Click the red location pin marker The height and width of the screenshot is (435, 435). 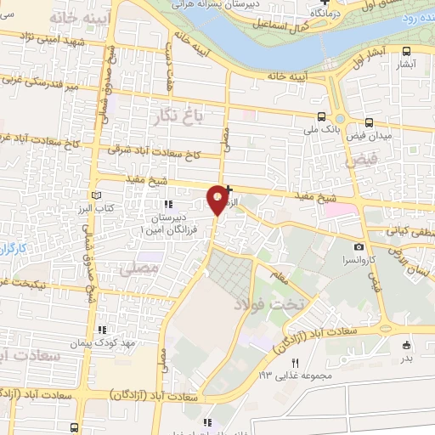pos(217,198)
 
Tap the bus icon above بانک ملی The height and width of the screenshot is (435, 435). pos(321,117)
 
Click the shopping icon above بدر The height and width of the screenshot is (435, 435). pos(406,345)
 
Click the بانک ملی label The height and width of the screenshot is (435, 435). pos(320,131)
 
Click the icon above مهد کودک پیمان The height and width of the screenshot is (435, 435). pos(101,329)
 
